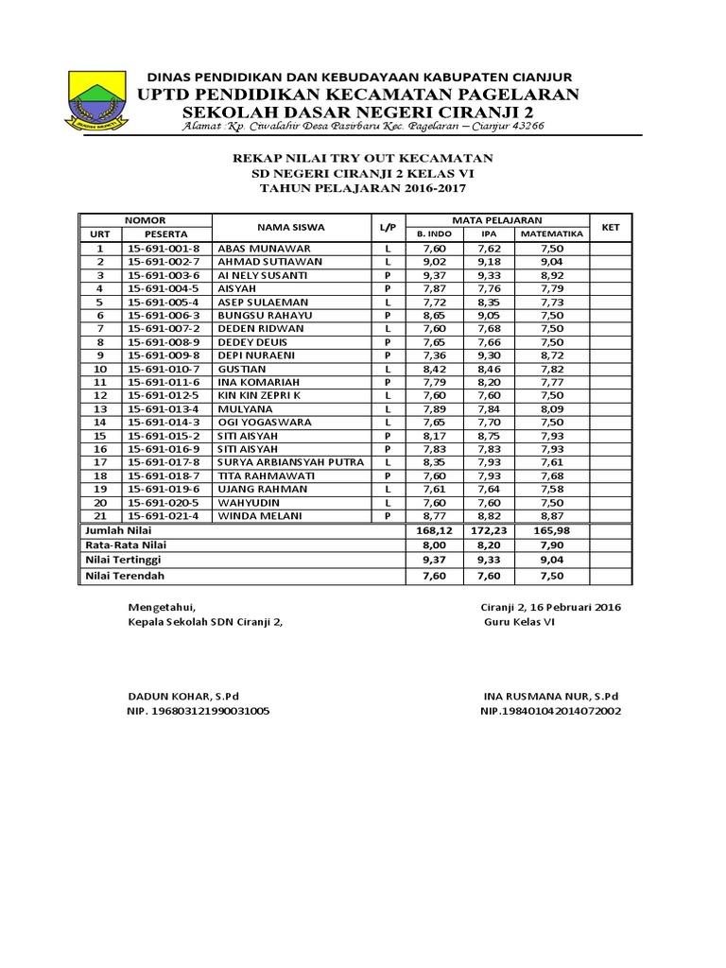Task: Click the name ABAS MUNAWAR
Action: pyautogui.click(x=257, y=248)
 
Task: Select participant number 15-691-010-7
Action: pyautogui.click(x=163, y=368)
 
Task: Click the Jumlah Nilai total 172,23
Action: pyautogui.click(x=490, y=533)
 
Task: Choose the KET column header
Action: pyautogui.click(x=611, y=227)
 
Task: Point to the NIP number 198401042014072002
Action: pyautogui.click(x=550, y=711)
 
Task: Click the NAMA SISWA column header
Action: pyautogui.click(x=290, y=227)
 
